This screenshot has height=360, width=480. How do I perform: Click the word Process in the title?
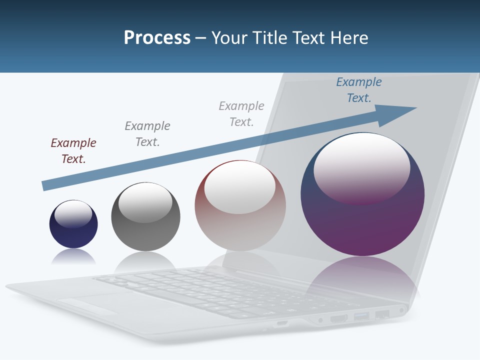[x=157, y=38]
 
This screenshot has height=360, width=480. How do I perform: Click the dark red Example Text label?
[x=73, y=151]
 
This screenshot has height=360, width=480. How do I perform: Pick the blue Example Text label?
[x=358, y=90]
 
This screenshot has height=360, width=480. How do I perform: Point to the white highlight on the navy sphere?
[x=73, y=213]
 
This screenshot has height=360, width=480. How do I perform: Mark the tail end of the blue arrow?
[x=45, y=185]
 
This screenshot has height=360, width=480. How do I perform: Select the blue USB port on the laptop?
[x=361, y=315]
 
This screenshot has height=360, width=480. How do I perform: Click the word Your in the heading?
[x=230, y=38]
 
